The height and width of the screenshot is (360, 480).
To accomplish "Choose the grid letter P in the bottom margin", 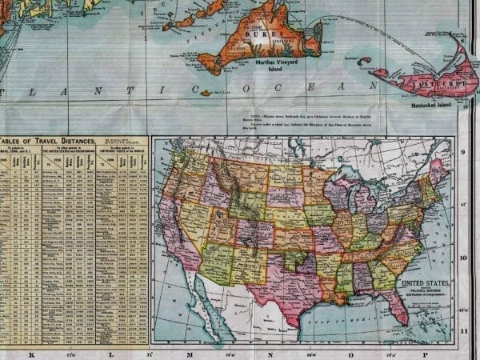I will (x=425, y=354).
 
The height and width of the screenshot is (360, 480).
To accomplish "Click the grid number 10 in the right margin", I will (x=463, y=258).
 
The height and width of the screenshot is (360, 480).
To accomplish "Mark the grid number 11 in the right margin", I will (x=463, y=330).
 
